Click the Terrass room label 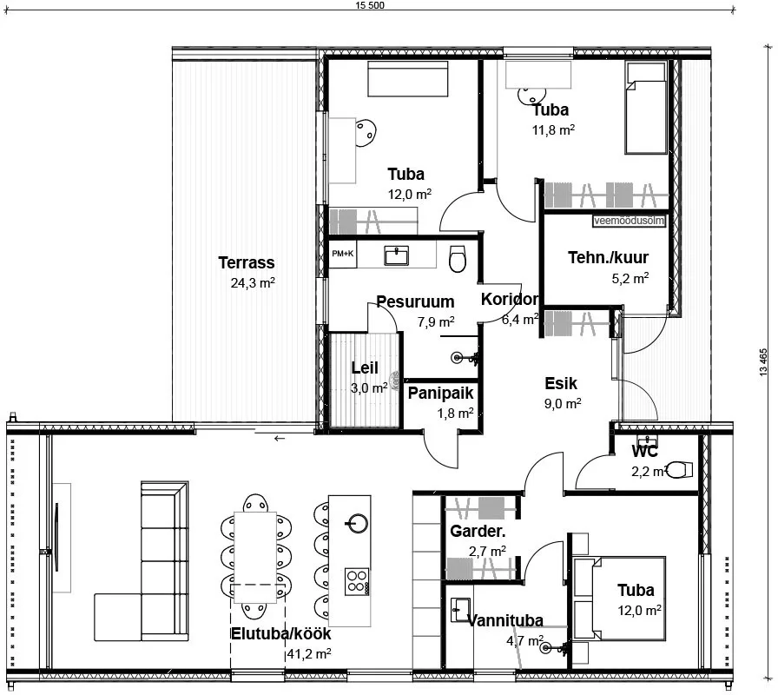tap(246, 262)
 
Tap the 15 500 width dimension tap(370, 5)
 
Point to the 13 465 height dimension tap(763, 362)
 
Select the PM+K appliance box tap(343, 255)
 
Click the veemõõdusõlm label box tap(629, 221)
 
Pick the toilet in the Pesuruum tap(457, 258)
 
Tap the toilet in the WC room tap(679, 470)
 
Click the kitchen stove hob tap(357, 582)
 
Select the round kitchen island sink tap(357, 523)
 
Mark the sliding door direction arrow tap(280, 439)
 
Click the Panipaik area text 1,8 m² tap(455, 413)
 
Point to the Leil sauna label tap(365, 367)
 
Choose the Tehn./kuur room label tap(608, 257)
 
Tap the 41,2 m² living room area tap(309, 654)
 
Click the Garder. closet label tap(478, 531)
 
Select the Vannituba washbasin tap(461, 610)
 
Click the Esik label tap(561, 383)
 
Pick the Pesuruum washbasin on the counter tap(397, 255)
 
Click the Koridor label tap(510, 300)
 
